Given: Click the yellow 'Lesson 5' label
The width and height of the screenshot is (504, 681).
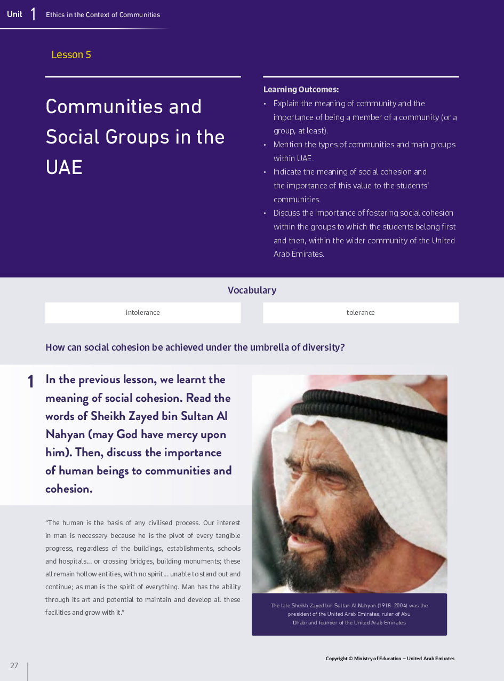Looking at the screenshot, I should tap(71, 54).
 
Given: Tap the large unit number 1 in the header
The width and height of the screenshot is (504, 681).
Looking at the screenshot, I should tap(33, 14).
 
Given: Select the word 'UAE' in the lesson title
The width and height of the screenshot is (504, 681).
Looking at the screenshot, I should tap(64, 168).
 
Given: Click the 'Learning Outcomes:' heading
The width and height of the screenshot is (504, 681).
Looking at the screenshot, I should tap(301, 90).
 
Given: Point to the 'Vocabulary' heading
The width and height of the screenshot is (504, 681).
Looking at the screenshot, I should tap(252, 290).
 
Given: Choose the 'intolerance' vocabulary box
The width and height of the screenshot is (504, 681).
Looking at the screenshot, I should tap(142, 313).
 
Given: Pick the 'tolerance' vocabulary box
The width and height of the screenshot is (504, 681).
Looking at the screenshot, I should tap(361, 313).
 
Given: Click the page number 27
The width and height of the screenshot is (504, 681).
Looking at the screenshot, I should tap(14, 666).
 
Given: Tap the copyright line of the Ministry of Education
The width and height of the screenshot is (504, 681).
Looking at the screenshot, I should tap(390, 659).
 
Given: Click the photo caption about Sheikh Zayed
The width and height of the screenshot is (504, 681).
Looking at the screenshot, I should tap(349, 614).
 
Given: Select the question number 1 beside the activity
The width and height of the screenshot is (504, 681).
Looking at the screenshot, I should tap(31, 382).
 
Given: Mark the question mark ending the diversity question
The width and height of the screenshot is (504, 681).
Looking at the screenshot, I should tap(342, 347).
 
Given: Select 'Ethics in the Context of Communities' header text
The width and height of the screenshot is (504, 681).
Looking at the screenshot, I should tap(103, 15).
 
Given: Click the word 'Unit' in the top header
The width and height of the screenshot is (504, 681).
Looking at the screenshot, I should tap(14, 14).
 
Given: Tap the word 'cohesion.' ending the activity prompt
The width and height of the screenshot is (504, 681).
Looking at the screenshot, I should tap(69, 489).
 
